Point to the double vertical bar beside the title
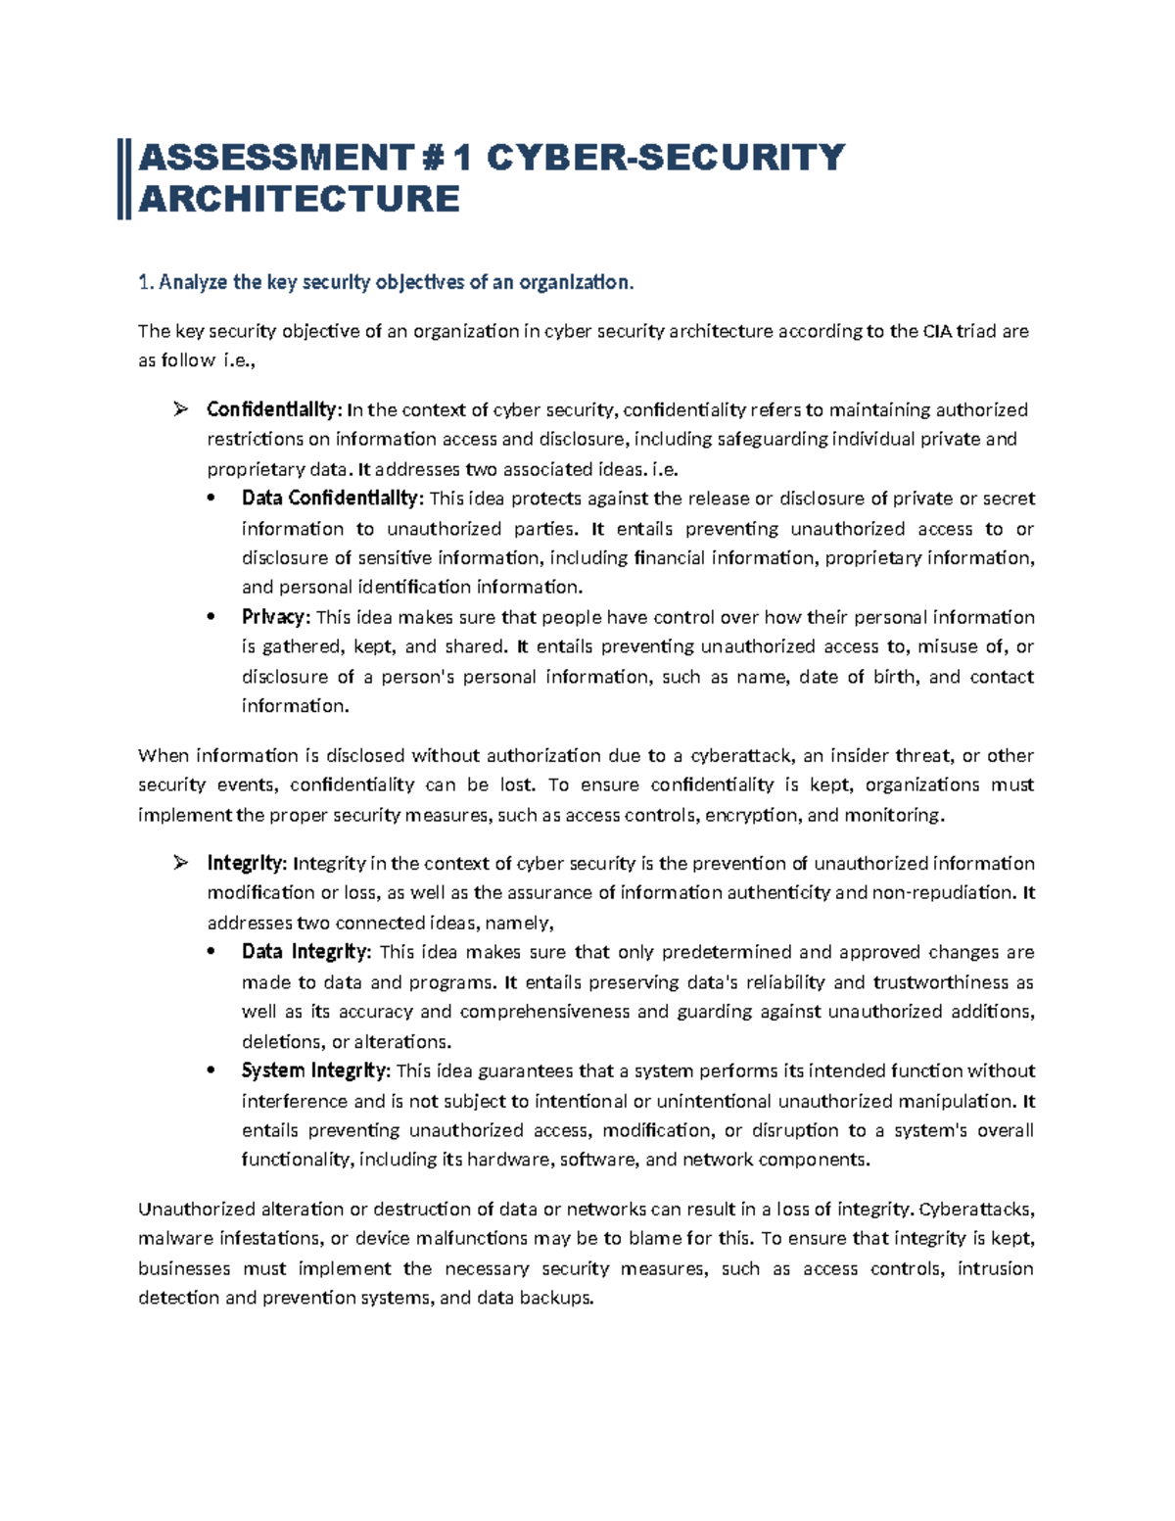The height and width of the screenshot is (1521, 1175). [123, 178]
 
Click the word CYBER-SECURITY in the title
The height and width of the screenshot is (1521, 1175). [665, 157]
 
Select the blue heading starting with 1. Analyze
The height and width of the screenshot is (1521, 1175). [386, 283]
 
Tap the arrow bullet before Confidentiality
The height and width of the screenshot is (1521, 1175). [180, 409]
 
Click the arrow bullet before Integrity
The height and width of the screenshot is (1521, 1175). [180, 863]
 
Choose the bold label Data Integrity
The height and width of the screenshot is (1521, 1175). [305, 952]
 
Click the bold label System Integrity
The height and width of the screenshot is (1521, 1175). [315, 1070]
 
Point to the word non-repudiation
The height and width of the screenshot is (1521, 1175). [944, 892]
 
